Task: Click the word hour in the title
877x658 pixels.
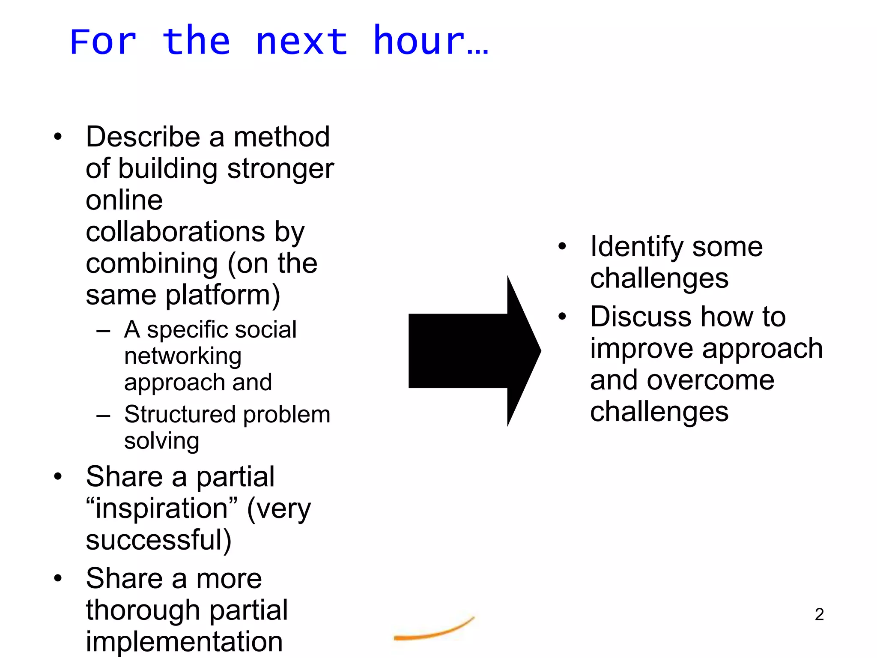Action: pyautogui.click(x=419, y=42)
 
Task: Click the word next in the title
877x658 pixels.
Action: pyautogui.click(x=301, y=42)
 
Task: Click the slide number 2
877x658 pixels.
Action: pyautogui.click(x=819, y=615)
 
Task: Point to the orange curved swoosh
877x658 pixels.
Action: pyautogui.click(x=433, y=631)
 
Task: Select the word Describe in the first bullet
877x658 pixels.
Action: pyautogui.click(x=143, y=138)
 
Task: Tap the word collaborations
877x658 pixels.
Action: pyautogui.click(x=175, y=232)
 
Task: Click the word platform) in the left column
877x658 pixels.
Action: pyautogui.click(x=223, y=295)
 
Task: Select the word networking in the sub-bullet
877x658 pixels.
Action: pyautogui.click(x=183, y=356)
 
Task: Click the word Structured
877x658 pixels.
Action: pyautogui.click(x=180, y=415)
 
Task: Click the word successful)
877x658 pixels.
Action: pyautogui.click(x=158, y=540)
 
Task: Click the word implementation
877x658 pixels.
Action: pyautogui.click(x=184, y=642)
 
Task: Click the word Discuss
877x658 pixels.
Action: pyautogui.click(x=640, y=317)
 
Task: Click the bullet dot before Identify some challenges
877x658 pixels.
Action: pyautogui.click(x=562, y=246)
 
